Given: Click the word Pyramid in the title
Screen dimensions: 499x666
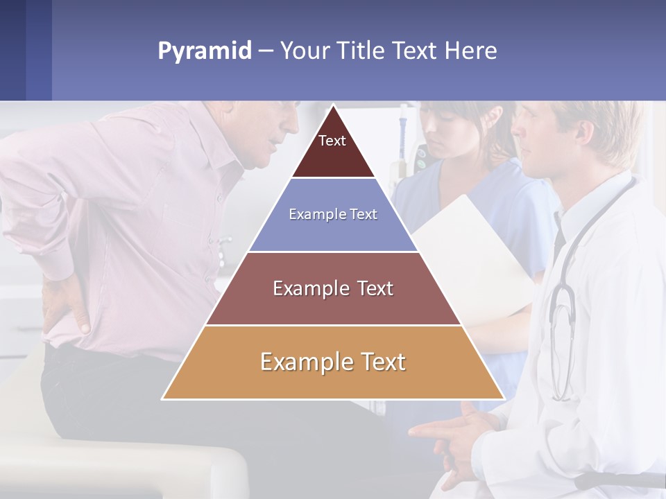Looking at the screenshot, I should (x=204, y=51).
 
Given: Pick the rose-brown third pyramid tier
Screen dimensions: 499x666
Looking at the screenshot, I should (x=333, y=289).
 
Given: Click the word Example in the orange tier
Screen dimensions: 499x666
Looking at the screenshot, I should (x=299, y=362).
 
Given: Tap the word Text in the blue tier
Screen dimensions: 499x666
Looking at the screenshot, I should (x=364, y=215).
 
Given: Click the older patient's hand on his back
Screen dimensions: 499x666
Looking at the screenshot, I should (x=66, y=305).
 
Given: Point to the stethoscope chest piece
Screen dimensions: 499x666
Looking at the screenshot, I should (x=563, y=308).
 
